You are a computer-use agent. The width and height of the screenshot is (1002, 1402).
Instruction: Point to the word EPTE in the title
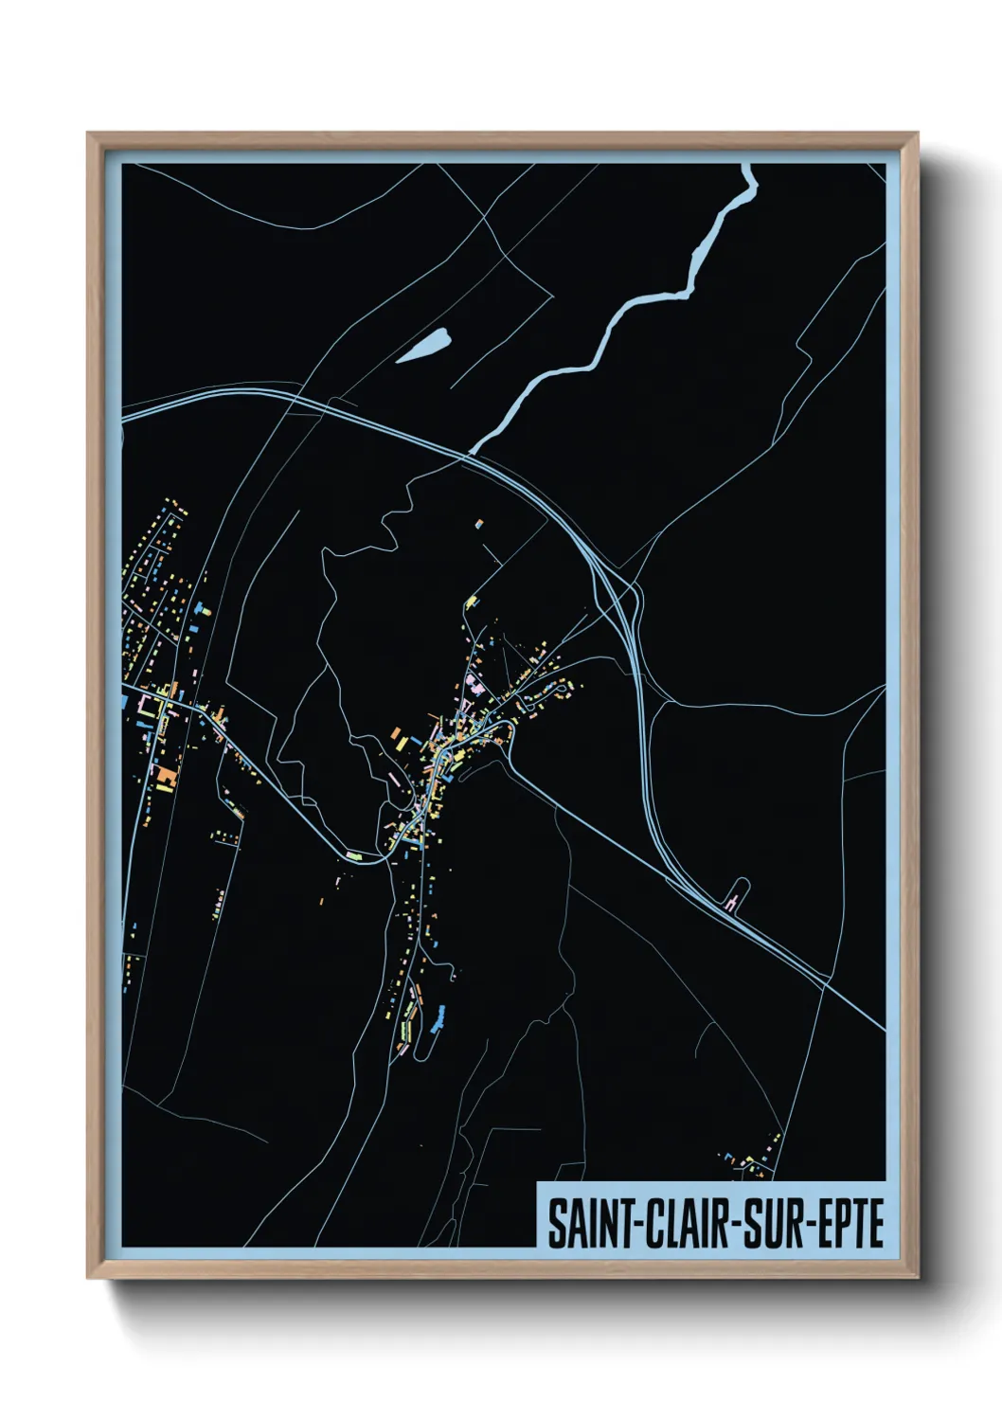(847, 1223)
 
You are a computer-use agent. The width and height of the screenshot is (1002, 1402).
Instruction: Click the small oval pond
(422, 346)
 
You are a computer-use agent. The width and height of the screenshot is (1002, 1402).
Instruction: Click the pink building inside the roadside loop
(730, 905)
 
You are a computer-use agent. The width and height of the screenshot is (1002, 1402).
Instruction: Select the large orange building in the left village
(167, 777)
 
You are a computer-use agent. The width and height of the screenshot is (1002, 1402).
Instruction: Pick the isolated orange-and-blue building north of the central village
(478, 522)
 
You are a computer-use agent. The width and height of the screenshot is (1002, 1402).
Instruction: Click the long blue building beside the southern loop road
(438, 1020)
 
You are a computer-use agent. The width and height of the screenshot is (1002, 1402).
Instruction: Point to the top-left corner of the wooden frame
(89, 135)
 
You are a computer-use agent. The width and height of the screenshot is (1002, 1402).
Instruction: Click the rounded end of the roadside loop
(744, 883)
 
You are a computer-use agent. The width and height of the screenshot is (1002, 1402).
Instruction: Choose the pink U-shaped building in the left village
(146, 704)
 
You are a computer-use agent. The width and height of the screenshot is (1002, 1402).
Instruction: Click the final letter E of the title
(875, 1223)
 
